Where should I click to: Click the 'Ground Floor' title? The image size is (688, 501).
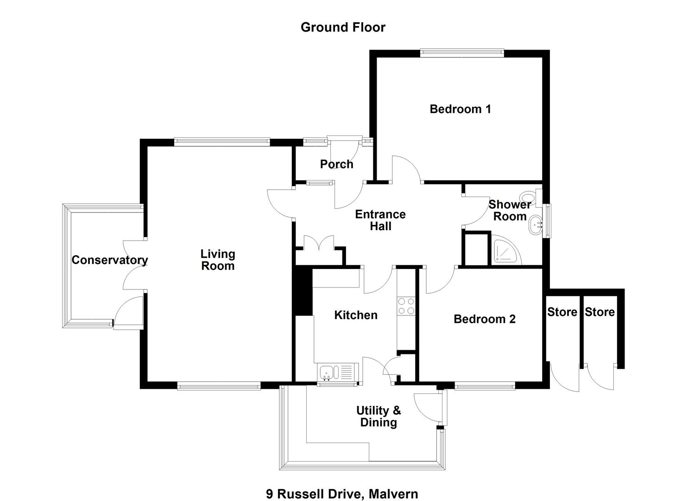[343, 27]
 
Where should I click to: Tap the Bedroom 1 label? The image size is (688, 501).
[460, 109]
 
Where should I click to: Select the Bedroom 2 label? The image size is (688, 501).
[484, 319]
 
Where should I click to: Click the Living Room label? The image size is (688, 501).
[218, 260]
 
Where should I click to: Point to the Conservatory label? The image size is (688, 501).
[110, 260]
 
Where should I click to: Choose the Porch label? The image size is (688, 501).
[337, 164]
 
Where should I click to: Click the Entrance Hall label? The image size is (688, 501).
[380, 220]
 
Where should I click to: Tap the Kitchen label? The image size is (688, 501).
[356, 315]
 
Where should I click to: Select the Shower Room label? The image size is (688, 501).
[510, 210]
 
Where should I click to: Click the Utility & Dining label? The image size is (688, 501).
[379, 417]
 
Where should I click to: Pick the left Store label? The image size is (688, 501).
[562, 312]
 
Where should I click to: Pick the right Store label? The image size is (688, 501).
[600, 312]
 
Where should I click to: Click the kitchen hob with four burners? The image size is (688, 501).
[406, 306]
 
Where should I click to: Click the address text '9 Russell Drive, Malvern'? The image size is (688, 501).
[342, 494]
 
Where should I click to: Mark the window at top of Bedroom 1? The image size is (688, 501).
[462, 53]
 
